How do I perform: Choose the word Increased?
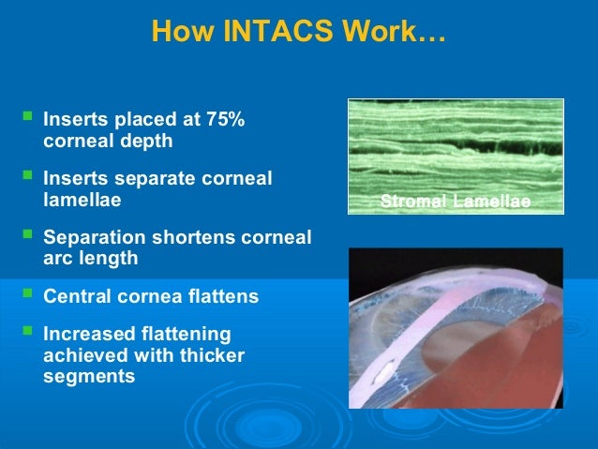[87, 336]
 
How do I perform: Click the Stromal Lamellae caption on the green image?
[455, 203]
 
